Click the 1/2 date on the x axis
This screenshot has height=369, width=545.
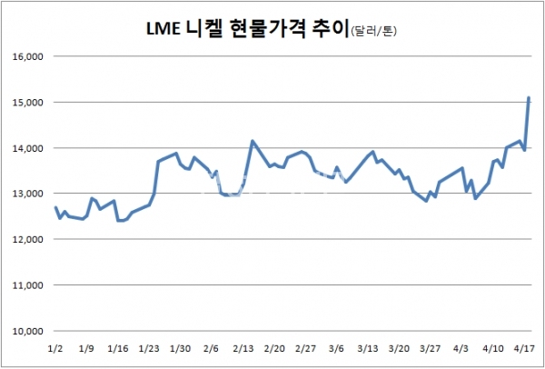pyautogui.click(x=54, y=348)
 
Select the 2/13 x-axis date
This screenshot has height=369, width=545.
pyautogui.click(x=243, y=348)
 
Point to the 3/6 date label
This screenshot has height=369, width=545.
pyautogui.click(x=336, y=348)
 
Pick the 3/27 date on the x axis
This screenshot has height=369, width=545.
pyautogui.click(x=431, y=348)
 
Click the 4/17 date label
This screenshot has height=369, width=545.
pyautogui.click(x=524, y=348)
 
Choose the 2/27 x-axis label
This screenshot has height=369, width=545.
pyautogui.click(x=305, y=348)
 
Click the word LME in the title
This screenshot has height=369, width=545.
pyautogui.click(x=165, y=28)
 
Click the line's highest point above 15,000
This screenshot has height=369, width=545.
pyautogui.click(x=529, y=98)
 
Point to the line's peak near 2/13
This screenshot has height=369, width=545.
pyautogui.click(x=253, y=141)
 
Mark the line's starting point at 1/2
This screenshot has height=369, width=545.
pyautogui.click(x=55, y=207)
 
